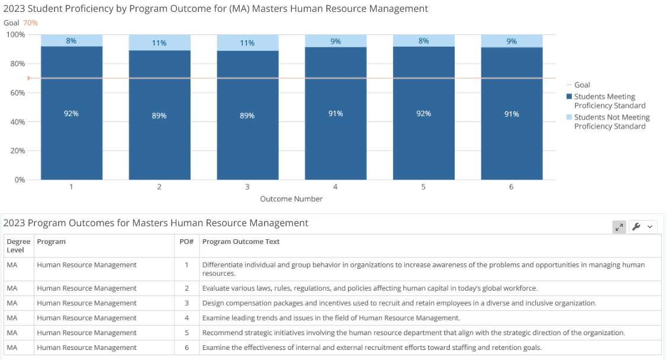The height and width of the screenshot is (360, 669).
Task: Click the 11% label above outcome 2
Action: (159, 43)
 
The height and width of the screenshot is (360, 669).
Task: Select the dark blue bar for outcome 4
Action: (336, 114)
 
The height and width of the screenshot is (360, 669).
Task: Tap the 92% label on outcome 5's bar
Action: (424, 114)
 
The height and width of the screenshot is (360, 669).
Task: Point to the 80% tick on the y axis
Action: (18, 63)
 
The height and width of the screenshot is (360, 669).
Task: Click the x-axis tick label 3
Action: (247, 187)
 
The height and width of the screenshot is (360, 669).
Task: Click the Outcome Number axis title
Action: (291, 199)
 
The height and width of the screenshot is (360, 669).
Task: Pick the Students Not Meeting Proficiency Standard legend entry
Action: (608, 121)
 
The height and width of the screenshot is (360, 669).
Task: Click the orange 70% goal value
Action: (31, 23)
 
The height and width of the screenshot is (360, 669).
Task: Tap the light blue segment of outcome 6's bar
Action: (512, 41)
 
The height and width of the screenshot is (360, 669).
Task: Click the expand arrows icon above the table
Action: (619, 227)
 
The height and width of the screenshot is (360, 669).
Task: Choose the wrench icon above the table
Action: (636, 227)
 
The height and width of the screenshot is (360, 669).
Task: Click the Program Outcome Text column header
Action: (240, 242)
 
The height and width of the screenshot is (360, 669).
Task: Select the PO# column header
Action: (186, 242)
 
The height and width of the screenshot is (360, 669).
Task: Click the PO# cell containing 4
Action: (186, 318)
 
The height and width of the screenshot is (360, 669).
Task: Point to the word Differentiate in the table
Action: (218, 265)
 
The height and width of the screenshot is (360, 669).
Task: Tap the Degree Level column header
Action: (18, 246)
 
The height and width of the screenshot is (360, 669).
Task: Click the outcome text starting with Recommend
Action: (413, 333)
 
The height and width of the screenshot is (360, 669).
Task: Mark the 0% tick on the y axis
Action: (20, 180)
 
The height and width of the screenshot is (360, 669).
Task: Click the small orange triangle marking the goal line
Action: (29, 78)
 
